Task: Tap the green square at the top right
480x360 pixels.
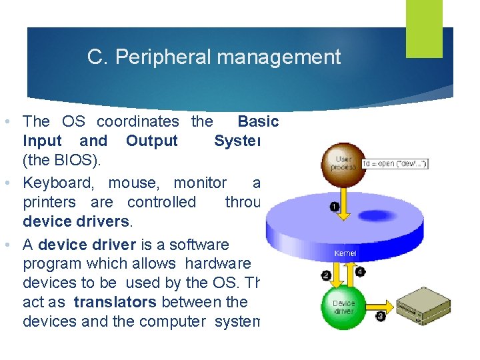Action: [425, 28]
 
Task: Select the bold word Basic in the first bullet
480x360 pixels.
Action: [258, 121]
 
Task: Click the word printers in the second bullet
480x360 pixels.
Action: [49, 202]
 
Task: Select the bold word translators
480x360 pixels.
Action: [115, 302]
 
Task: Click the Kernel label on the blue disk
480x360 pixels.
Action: [345, 253]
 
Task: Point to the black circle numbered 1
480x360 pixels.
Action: [334, 207]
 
